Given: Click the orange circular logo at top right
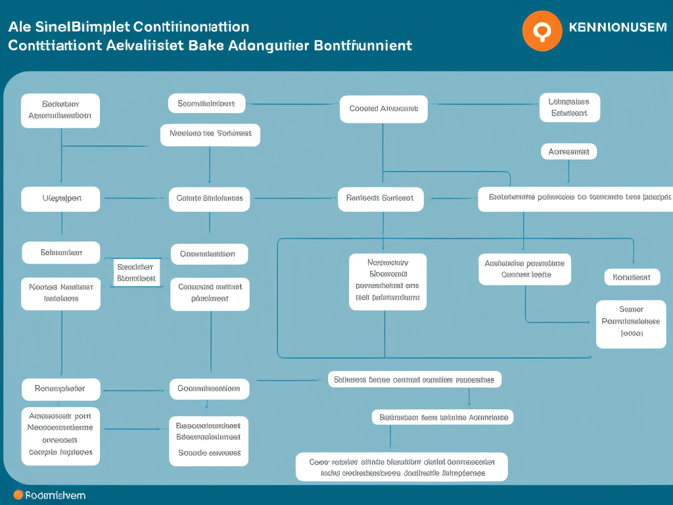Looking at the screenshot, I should coord(542,30).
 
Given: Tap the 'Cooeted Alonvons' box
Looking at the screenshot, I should coord(383,109).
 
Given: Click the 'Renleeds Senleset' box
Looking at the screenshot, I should coord(381,199).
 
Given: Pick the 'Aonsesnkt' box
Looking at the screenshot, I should coord(569,152).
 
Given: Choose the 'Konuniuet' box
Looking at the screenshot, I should coord(632,277).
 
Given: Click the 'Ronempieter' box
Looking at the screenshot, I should coord(60,389).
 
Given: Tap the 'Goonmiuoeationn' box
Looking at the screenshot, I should coord(209,389).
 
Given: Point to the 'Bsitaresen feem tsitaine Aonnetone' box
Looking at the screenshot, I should coord(443,417).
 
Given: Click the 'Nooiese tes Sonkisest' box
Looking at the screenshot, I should coord(210,134).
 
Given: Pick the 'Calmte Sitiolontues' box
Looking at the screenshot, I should coord(209,199).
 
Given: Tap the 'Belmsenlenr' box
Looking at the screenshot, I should coord(60,252).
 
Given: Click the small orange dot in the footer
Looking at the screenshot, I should coord(18,495).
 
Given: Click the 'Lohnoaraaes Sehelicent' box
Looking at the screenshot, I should coord(569,108).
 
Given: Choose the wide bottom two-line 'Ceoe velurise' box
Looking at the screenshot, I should coord(401,467).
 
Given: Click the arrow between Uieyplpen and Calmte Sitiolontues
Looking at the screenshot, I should coord(135,198).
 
